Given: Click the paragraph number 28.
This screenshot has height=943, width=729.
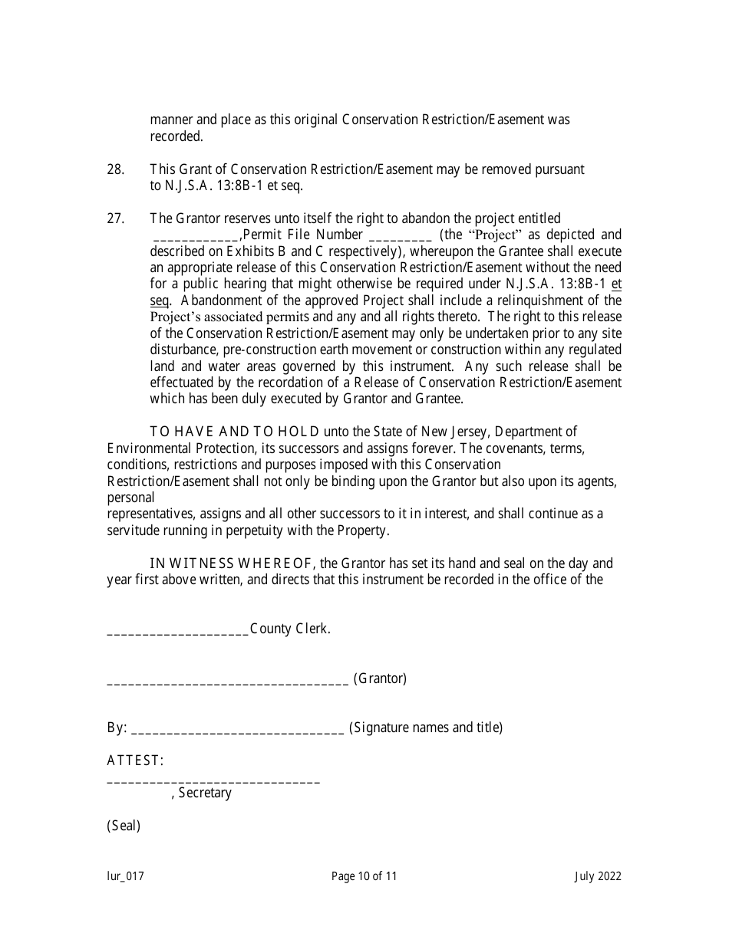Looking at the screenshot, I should point(115,169).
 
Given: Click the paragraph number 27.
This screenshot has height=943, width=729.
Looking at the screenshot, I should point(115,219).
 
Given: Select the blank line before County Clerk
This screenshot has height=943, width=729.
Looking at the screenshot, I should point(177,632).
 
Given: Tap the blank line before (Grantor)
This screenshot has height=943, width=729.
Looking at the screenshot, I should point(228,682).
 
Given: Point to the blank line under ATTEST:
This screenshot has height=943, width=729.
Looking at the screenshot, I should point(213,782).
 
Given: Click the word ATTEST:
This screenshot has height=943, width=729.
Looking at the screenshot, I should point(135,761).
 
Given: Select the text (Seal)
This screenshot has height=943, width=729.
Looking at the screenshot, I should point(124,826).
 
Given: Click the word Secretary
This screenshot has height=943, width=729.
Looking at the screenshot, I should point(205,793).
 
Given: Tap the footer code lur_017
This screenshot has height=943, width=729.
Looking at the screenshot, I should point(125,876).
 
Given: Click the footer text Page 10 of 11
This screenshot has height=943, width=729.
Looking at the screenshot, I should point(364,876).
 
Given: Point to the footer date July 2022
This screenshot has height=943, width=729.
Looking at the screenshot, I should point(598,876).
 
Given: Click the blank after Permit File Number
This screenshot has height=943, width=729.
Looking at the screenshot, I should point(401,238).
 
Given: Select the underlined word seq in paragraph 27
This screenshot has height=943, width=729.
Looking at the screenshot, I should point(159,301).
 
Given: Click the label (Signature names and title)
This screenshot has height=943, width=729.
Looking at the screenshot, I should point(426,728).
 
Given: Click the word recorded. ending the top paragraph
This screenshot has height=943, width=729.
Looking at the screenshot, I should point(176,136).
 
